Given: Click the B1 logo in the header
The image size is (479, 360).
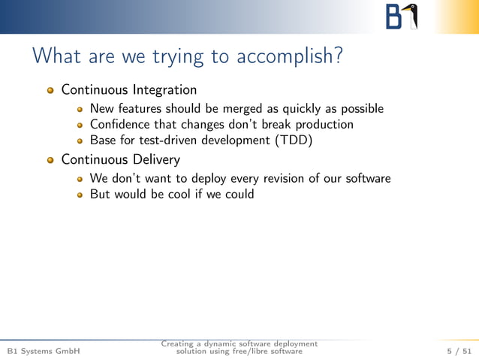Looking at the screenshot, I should (402, 17).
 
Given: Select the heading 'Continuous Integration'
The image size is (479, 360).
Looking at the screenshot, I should (128, 90).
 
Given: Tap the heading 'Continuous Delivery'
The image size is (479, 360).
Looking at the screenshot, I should (120, 159).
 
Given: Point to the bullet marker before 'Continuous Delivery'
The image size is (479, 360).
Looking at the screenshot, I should (51, 160).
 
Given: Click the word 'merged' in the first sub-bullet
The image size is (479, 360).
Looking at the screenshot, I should (243, 108).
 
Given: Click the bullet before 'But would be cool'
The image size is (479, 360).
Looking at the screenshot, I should (80, 195).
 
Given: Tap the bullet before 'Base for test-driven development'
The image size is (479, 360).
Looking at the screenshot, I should (80, 141).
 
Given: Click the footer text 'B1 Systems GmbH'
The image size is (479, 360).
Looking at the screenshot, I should (43, 351).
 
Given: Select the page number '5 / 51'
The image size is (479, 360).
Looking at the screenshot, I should (459, 351).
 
